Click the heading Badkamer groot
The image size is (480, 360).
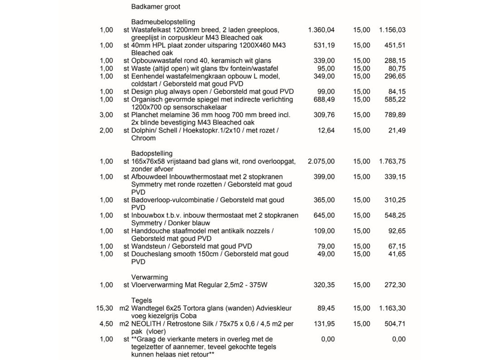point(155,7)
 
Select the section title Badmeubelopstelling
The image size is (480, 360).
point(163,22)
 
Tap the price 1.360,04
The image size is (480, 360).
point(321,30)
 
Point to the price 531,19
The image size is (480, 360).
point(324,45)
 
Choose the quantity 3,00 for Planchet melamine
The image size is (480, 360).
point(106,115)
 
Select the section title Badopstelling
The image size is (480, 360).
point(152,154)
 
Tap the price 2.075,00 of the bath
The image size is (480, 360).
point(321,161)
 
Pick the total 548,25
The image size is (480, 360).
point(395,216)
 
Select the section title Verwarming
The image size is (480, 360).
point(149,277)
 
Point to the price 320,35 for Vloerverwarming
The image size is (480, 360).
point(324,285)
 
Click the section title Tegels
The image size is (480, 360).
point(141,300)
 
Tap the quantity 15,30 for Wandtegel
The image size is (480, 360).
point(105,308)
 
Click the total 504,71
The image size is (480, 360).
point(395,324)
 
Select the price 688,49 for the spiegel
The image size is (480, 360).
point(324,100)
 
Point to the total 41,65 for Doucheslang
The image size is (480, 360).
point(397,254)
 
